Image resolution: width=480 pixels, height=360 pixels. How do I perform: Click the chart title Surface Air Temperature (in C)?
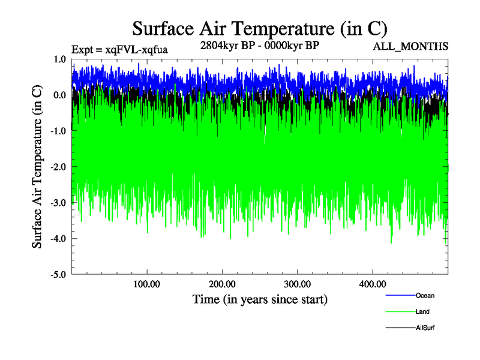[x=259, y=28]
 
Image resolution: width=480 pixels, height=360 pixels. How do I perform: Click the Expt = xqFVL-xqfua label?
[x=119, y=50]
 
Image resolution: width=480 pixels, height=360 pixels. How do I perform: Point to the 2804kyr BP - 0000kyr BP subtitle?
[x=259, y=46]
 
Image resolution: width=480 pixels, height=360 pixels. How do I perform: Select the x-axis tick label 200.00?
[x=222, y=284]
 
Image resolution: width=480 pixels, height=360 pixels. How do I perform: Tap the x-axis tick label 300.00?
[x=297, y=284]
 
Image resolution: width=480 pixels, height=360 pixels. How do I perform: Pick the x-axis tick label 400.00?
[x=372, y=284]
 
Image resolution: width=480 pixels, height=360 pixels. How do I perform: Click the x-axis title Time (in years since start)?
[x=260, y=299]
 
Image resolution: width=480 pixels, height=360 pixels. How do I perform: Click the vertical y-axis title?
[x=37, y=167]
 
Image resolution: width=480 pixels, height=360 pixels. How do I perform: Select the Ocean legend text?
[x=424, y=295]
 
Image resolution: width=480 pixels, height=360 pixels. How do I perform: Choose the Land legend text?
[x=422, y=311]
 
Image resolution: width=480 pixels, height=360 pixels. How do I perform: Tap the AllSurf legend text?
[x=424, y=328]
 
